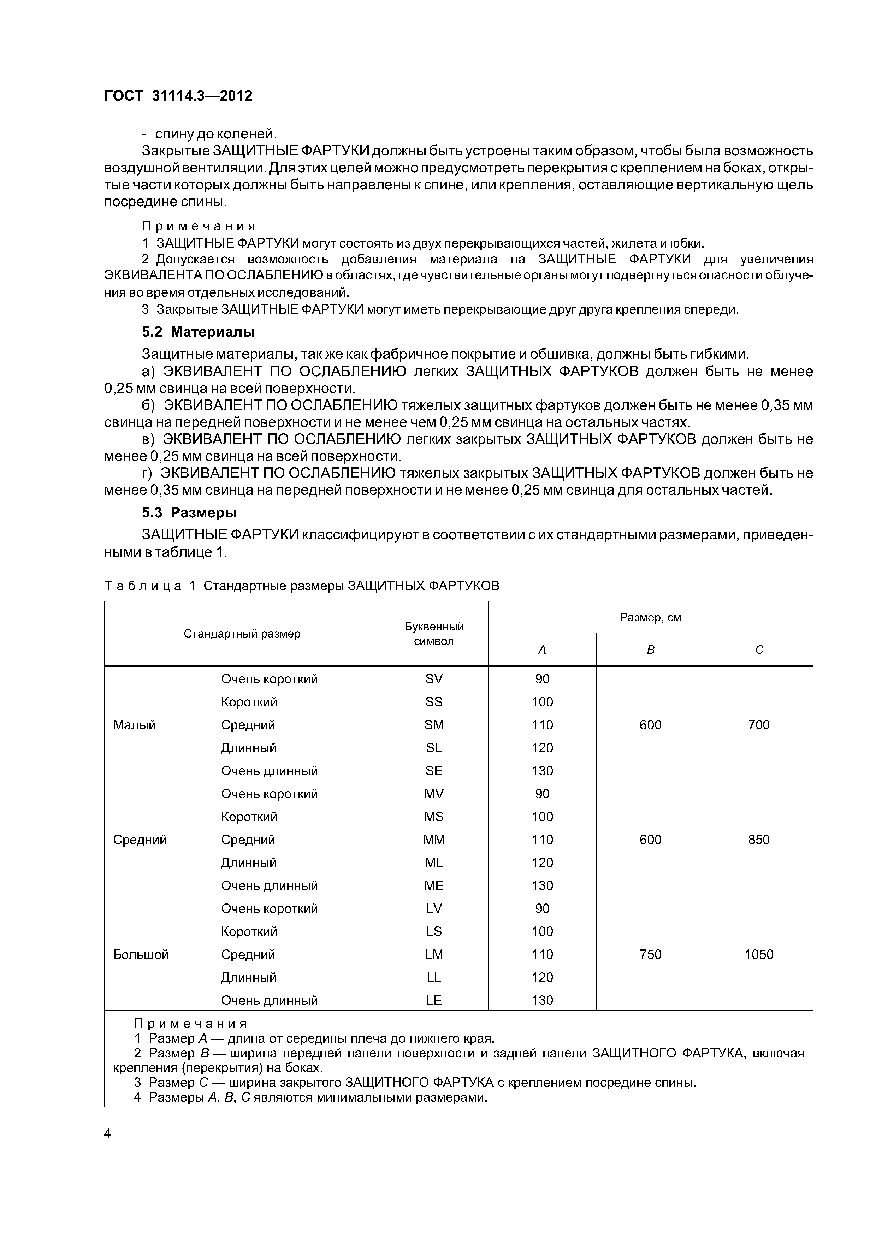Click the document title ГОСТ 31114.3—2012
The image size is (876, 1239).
click(x=178, y=96)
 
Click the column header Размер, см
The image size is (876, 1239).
click(x=650, y=617)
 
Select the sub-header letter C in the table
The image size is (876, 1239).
click(x=758, y=650)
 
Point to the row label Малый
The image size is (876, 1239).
click(x=134, y=725)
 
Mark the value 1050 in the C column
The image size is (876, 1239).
click(x=758, y=955)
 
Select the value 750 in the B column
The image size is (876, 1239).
click(x=650, y=955)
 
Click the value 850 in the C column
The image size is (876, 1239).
click(x=758, y=840)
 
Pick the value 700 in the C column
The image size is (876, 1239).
click(x=758, y=725)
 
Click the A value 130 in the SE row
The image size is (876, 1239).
click(x=542, y=771)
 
